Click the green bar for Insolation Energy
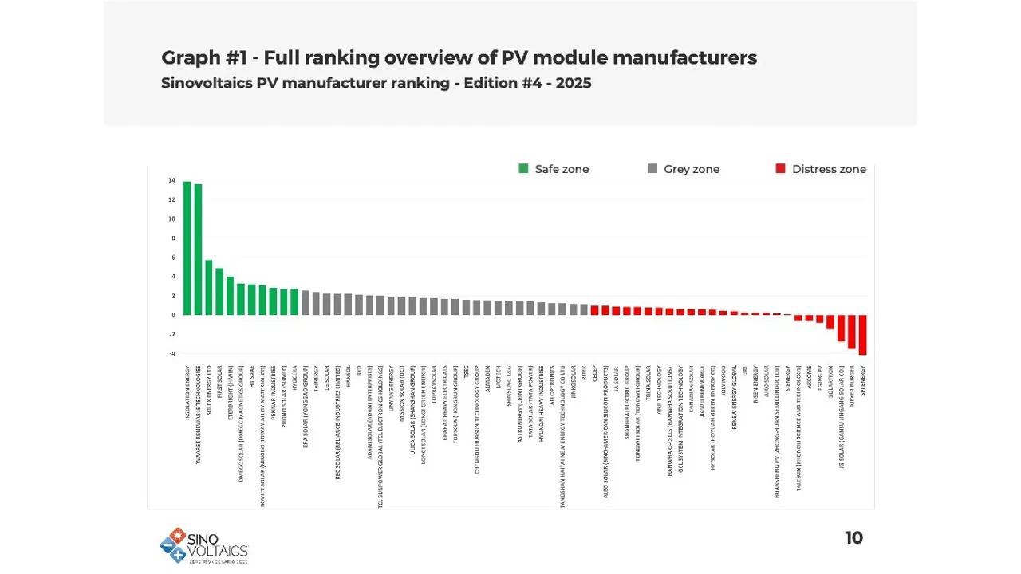(x=187, y=248)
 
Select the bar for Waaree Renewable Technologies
(x=198, y=250)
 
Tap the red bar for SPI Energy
(x=862, y=334)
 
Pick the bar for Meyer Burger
(x=852, y=331)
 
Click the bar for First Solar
(x=219, y=291)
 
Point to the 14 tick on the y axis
(x=171, y=181)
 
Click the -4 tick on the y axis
(x=171, y=353)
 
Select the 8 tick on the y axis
(x=172, y=238)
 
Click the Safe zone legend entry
(x=554, y=169)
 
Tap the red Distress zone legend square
(x=781, y=169)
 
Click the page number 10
(x=853, y=538)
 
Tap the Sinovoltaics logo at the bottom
(x=203, y=545)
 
